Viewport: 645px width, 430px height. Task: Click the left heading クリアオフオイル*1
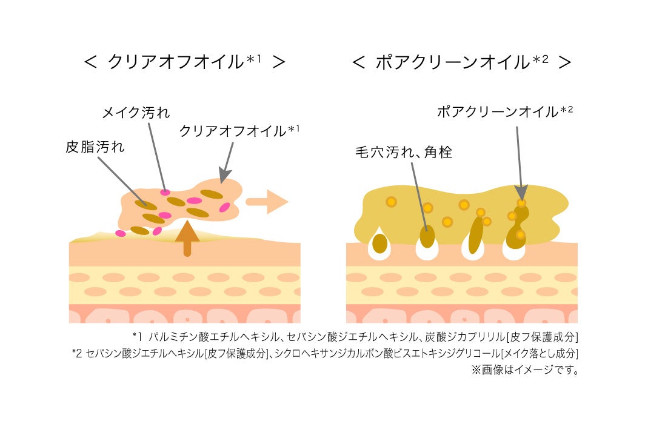pos(184,63)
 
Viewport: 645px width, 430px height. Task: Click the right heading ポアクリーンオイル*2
pos(462,63)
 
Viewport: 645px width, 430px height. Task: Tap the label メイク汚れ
pos(136,113)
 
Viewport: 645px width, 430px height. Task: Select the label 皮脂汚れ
pos(95,147)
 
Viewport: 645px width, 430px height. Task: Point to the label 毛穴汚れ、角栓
pos(404,153)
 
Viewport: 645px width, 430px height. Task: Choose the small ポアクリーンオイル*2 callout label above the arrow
pos(505,111)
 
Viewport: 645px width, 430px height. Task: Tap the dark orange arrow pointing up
pos(187,238)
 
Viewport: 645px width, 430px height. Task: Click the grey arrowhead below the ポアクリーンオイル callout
pos(521,192)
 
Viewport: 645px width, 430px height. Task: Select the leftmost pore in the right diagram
pos(380,244)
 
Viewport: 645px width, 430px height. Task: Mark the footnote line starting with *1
pos(355,337)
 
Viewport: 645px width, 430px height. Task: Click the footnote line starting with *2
pos(325,353)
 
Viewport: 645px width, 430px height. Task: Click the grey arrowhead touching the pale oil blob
pos(223,176)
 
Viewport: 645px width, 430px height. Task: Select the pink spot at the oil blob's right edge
pos(225,208)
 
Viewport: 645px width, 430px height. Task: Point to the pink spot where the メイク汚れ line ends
pos(165,193)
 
